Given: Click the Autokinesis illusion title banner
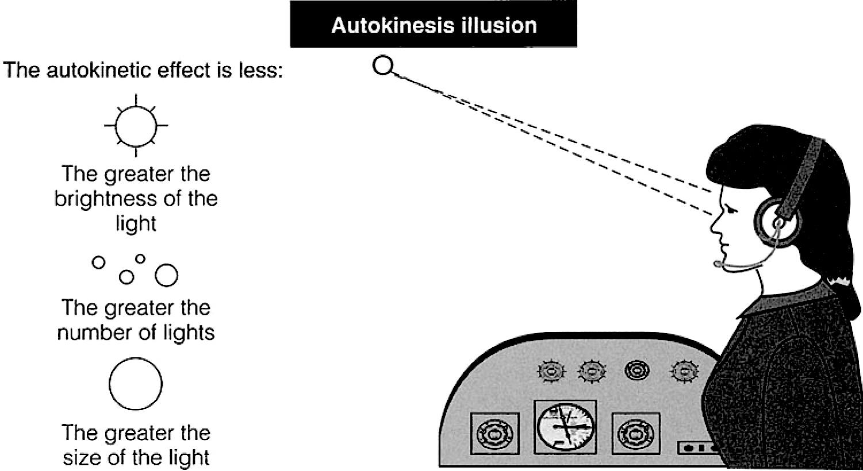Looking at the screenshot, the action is coord(434,24).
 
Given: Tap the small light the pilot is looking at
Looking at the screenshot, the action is coord(383,65).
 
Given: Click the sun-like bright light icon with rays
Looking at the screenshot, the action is coord(136,125).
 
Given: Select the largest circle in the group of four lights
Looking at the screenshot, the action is coord(166,275).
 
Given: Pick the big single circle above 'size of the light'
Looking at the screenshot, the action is coord(136,384).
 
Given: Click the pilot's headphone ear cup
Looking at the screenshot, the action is coord(777,222).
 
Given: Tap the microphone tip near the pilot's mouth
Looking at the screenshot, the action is coord(718,264).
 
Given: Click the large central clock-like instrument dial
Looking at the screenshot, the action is coord(565,427).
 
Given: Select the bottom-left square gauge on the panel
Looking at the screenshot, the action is coord(494,434).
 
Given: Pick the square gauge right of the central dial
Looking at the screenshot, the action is coord(636,434).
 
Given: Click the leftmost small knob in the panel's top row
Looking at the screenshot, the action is coord(551,371).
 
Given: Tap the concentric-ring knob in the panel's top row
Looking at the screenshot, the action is coord(636,371).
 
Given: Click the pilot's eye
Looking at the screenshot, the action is coord(731,210).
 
